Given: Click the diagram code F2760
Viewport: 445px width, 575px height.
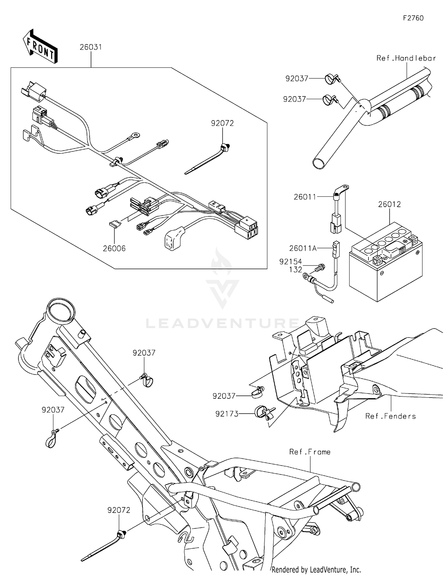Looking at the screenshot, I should point(413,18).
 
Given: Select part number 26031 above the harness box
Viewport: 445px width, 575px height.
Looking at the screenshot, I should point(90,47).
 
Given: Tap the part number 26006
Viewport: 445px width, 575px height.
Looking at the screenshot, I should point(114,249).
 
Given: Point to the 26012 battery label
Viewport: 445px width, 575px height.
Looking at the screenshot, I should point(389,204).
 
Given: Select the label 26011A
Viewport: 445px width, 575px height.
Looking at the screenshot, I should point(303,248).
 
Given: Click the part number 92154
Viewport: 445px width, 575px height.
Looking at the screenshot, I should point(290,262).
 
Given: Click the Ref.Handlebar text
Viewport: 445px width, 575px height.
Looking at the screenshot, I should point(406,58).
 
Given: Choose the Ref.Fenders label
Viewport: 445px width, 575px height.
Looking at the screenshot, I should point(390,416).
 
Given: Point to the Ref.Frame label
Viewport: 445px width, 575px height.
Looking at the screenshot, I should point(310,452).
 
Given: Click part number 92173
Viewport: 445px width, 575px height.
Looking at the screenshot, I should point(227,414).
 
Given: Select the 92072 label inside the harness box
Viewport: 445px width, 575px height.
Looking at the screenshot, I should point(222,123).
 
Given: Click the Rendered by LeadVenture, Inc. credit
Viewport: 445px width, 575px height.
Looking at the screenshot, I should point(316,570).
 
